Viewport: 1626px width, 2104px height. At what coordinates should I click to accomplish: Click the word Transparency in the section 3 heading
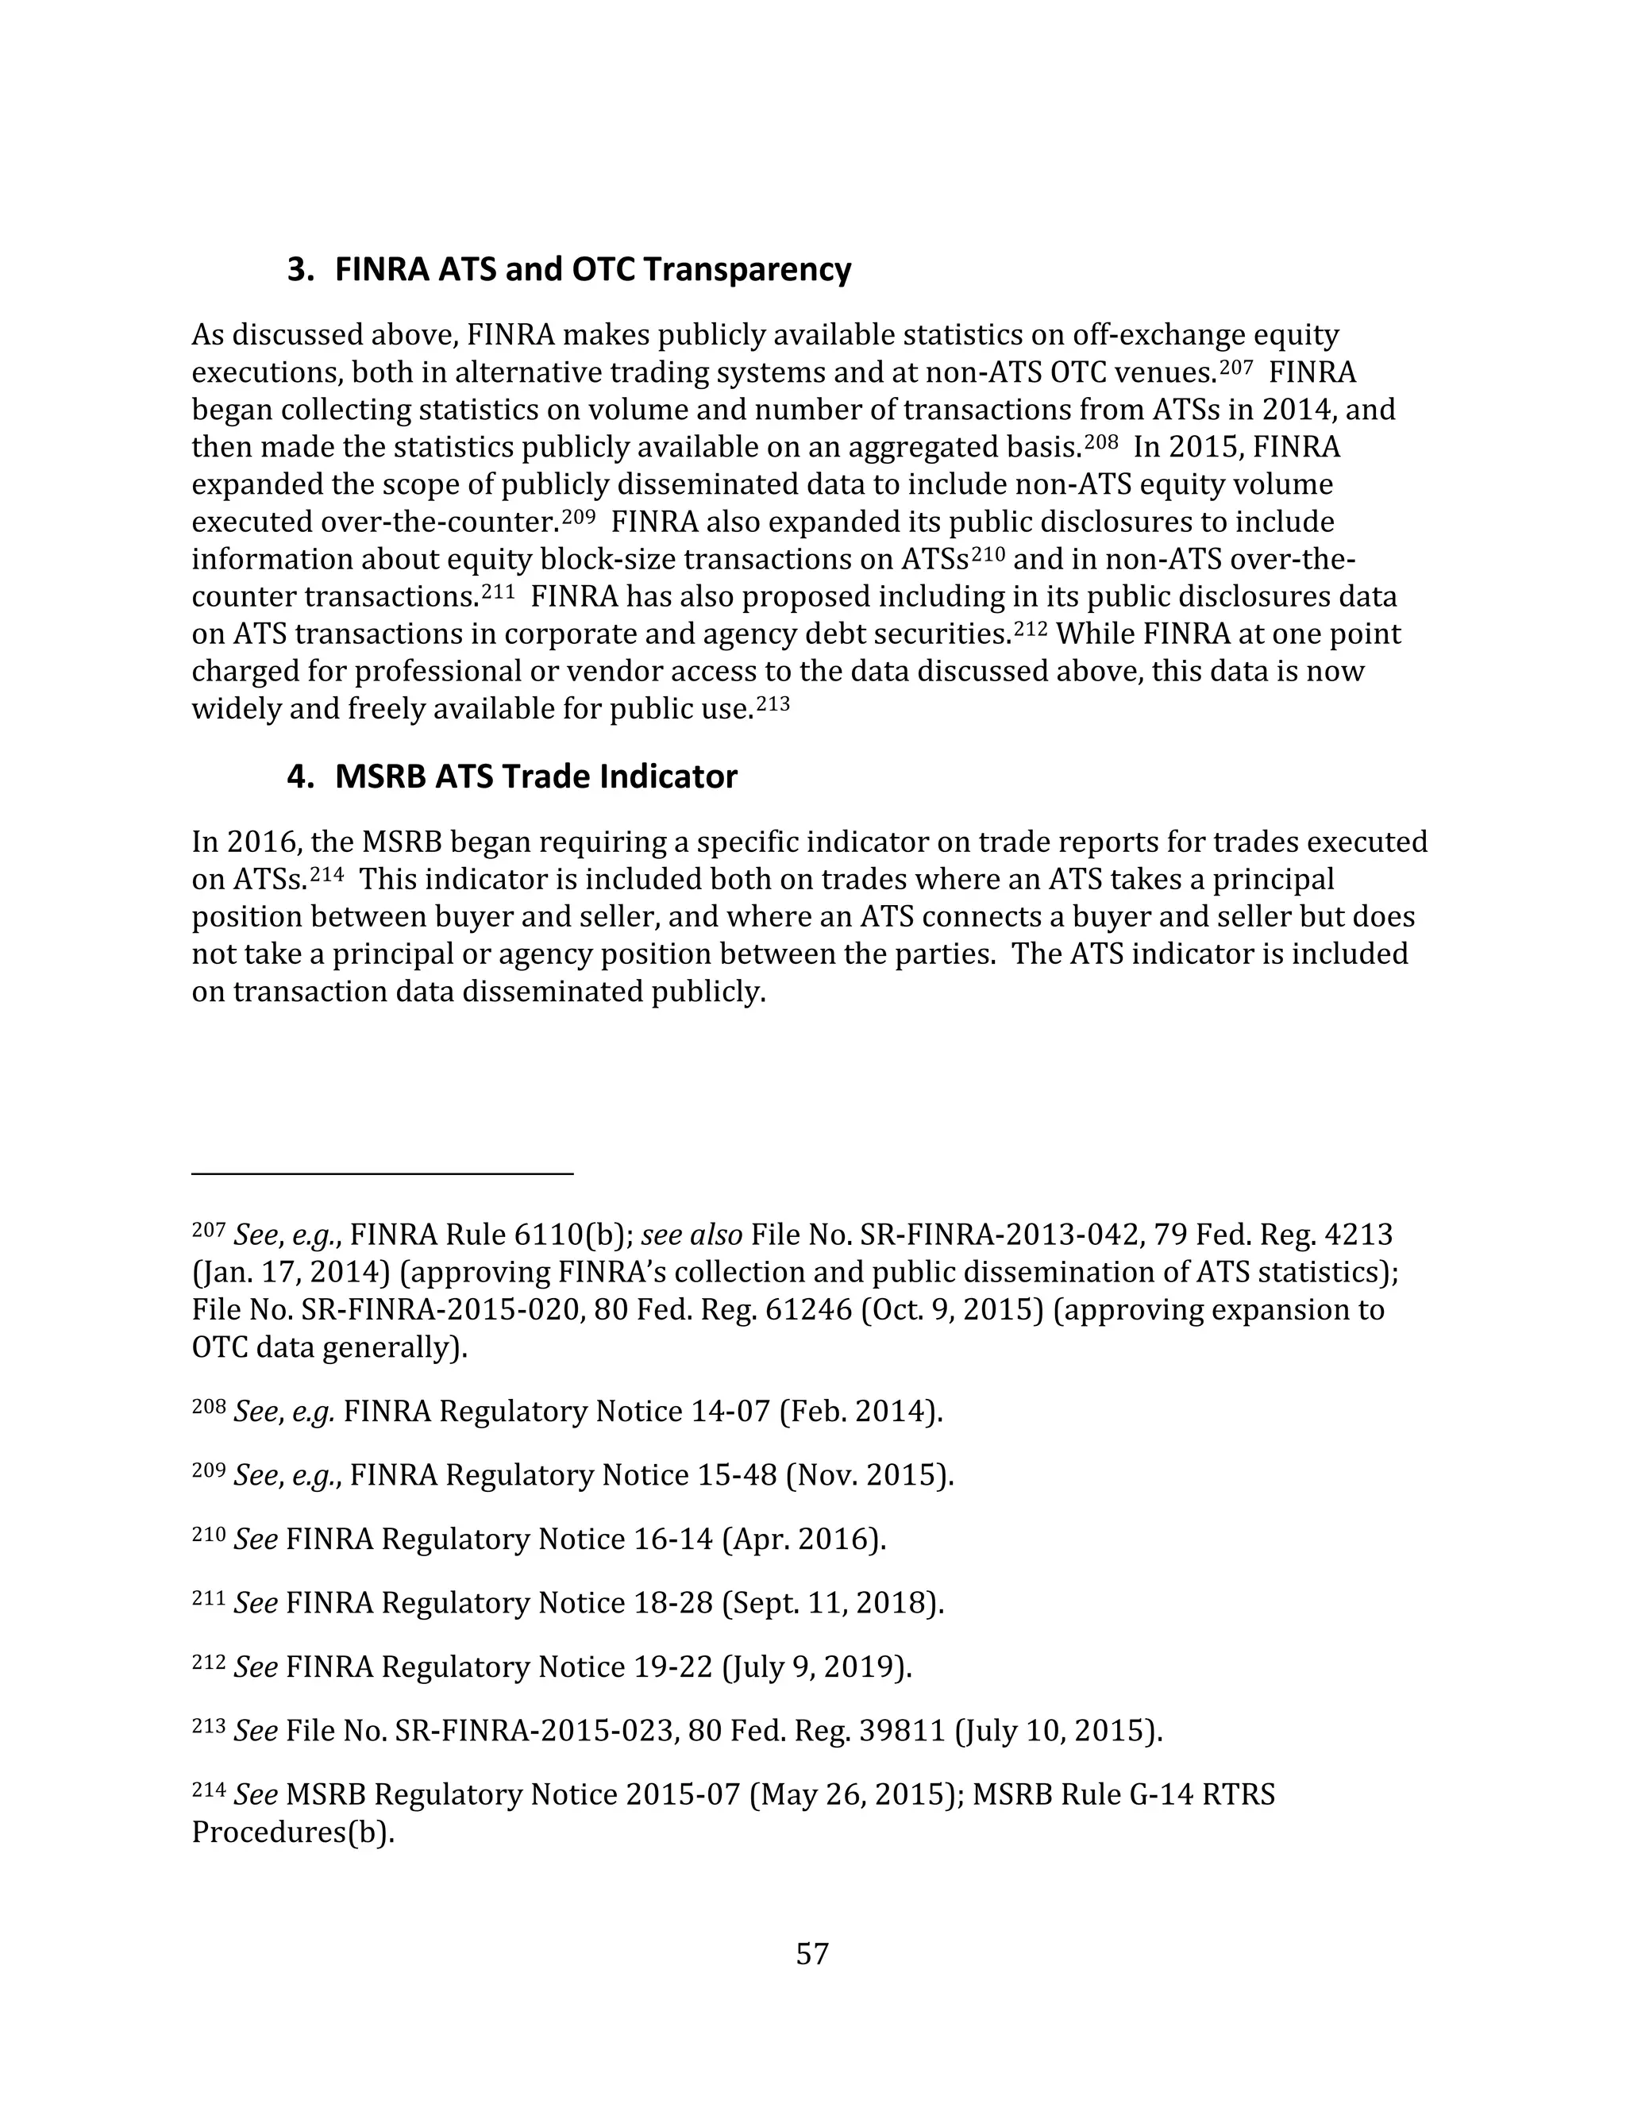(x=746, y=270)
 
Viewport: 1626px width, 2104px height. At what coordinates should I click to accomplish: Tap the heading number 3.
(x=299, y=270)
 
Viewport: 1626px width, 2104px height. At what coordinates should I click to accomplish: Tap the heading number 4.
(x=299, y=776)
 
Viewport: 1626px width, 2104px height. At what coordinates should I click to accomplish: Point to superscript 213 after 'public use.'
(x=773, y=703)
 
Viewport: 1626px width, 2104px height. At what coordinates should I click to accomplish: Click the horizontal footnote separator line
(x=383, y=1173)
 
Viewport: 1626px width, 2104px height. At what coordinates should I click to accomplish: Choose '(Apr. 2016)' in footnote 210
(x=803, y=1539)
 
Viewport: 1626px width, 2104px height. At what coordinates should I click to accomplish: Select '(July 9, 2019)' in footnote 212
(x=816, y=1667)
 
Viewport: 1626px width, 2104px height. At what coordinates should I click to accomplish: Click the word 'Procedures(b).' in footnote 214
(x=294, y=1832)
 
